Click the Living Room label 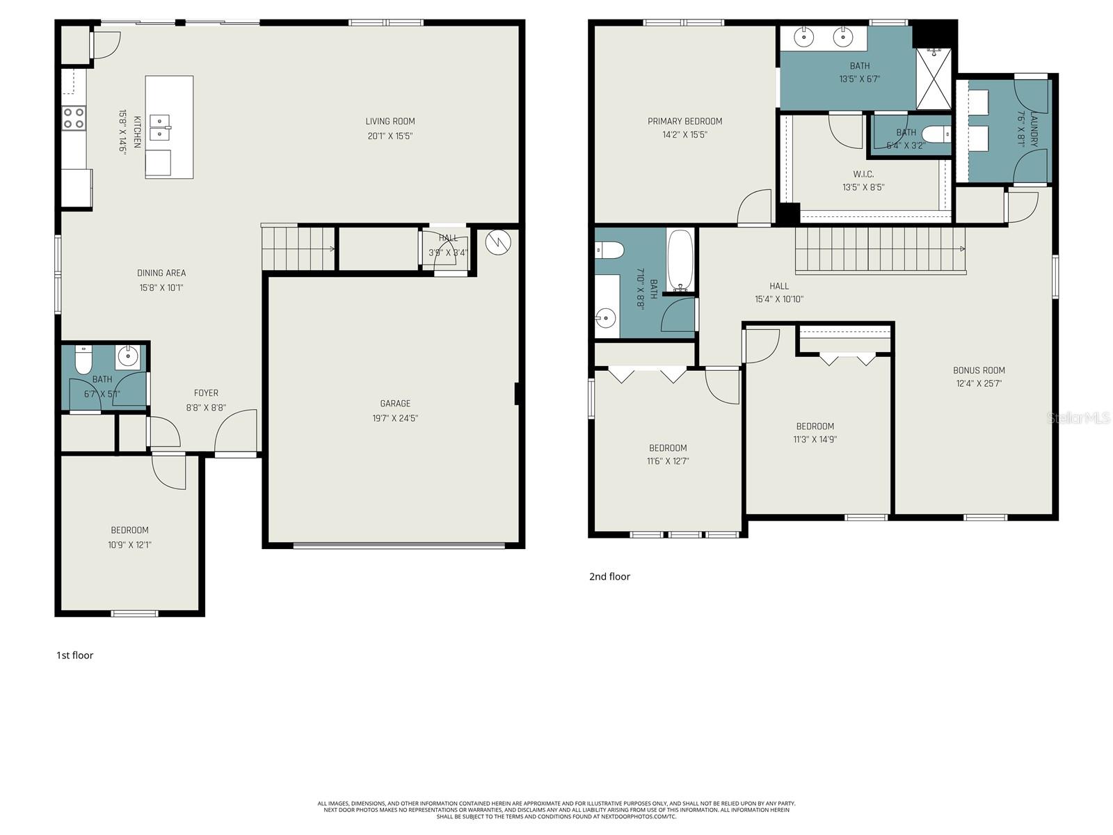point(390,121)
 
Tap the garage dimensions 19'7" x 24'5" point(395,418)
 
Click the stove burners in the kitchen point(74,118)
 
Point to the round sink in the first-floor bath point(128,357)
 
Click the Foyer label point(206,393)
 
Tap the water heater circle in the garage point(499,242)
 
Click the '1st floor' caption point(74,655)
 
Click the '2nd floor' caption point(609,576)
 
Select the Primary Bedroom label point(684,121)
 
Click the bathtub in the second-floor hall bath point(680,260)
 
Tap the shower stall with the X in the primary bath point(933,79)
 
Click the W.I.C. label point(863,174)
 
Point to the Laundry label point(1034,129)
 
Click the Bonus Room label point(979,370)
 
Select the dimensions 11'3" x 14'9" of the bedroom point(815,439)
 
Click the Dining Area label point(161,273)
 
